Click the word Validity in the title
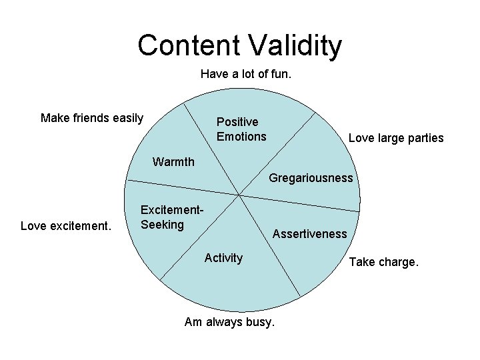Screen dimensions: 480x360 tap(294, 45)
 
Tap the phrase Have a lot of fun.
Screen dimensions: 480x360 tap(246, 75)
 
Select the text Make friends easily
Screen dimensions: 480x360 tap(92, 119)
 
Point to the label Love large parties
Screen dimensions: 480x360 tap(396, 138)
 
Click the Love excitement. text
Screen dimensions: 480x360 tap(65, 226)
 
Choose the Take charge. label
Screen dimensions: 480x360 tap(384, 262)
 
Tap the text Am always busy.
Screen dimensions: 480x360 tap(229, 323)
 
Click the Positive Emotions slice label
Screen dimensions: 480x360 tap(241, 129)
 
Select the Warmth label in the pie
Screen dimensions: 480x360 tap(173, 162)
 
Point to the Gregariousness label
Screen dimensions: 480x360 tap(311, 178)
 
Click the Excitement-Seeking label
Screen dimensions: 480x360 tap(171, 217)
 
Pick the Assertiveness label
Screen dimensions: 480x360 tap(309, 233)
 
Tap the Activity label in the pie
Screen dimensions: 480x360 tap(223, 258)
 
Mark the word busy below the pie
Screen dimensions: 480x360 tap(261, 323)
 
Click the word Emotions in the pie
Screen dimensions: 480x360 tap(241, 137)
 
